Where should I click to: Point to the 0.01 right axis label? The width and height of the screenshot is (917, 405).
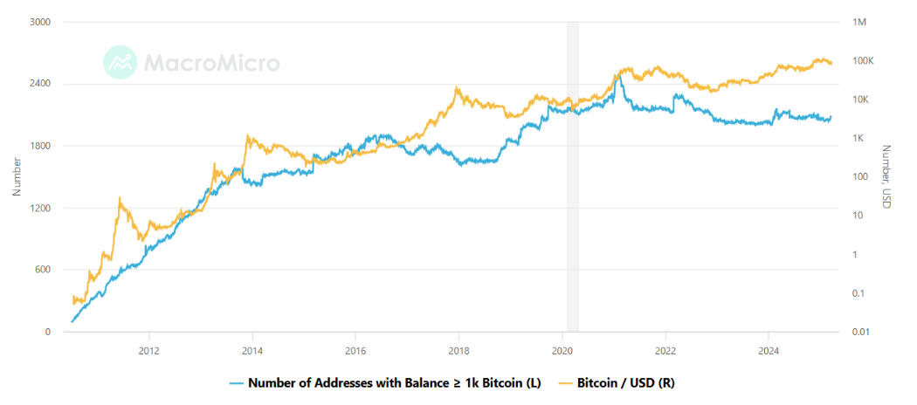click(x=861, y=332)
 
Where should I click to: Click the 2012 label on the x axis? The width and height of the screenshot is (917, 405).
click(x=149, y=351)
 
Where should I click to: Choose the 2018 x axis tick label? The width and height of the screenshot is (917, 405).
click(x=458, y=351)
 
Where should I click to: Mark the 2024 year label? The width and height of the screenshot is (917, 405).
click(x=769, y=351)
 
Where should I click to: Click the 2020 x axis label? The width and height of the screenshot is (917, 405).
click(x=562, y=351)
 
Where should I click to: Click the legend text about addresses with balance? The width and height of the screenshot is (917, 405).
click(x=390, y=382)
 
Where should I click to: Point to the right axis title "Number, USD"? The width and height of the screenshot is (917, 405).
click(x=886, y=176)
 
